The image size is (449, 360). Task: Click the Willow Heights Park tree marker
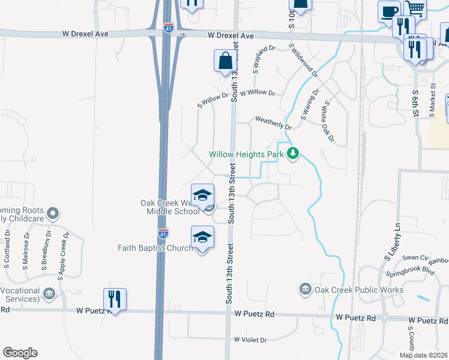(x=293, y=154)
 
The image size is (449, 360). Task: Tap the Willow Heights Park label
(x=246, y=154)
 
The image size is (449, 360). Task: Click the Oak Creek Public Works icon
(x=305, y=290)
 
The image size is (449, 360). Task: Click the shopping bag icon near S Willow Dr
(x=225, y=61)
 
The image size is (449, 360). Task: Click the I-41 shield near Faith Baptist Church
(x=163, y=233)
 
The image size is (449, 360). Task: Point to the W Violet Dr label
(x=250, y=340)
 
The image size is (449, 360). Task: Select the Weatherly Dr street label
(x=273, y=123)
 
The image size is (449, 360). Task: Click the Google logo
(x=20, y=353)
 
